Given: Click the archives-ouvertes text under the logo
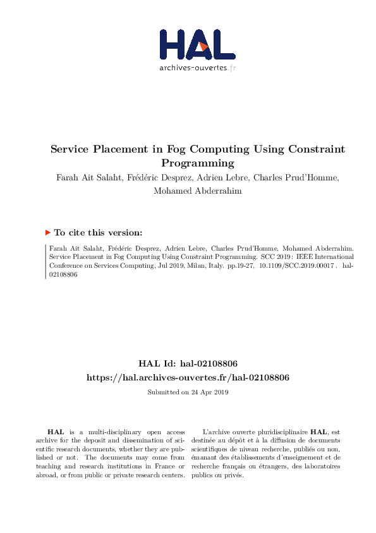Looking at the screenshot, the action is point(194,68).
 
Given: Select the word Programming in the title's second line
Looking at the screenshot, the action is point(198,163).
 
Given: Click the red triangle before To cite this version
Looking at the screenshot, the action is point(48,232).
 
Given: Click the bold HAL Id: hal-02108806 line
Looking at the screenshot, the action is point(188,363).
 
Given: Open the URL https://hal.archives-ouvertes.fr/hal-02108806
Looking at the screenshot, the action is point(188,377).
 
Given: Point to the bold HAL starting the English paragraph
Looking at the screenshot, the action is point(55,430).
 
